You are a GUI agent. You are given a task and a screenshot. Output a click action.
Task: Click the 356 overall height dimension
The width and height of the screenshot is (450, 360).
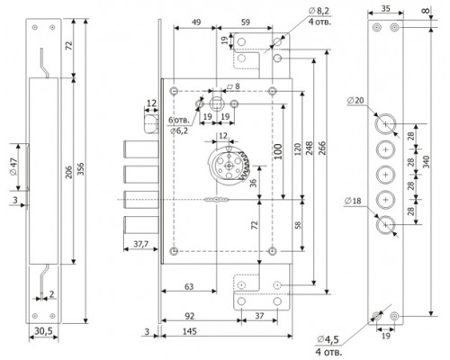(x=82, y=169)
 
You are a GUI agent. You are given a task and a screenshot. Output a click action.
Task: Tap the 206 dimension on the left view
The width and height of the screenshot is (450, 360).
(x=69, y=172)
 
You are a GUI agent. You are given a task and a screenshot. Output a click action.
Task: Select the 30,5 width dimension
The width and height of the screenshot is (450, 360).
(x=43, y=331)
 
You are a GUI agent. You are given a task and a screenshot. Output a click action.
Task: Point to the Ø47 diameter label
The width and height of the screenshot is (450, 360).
(x=13, y=166)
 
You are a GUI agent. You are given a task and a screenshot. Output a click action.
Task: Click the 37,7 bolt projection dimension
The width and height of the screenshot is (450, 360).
(x=140, y=244)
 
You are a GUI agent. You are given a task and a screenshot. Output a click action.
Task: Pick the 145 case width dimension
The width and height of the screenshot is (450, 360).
(x=190, y=331)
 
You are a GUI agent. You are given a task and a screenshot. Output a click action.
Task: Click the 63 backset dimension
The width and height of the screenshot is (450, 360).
(x=189, y=286)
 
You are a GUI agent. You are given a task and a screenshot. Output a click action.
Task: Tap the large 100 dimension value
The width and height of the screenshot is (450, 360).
(x=278, y=152)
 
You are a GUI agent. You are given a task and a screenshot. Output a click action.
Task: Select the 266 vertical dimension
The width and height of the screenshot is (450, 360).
(x=322, y=148)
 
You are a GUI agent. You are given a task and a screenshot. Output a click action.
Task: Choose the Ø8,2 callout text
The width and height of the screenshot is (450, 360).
(x=319, y=11)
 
